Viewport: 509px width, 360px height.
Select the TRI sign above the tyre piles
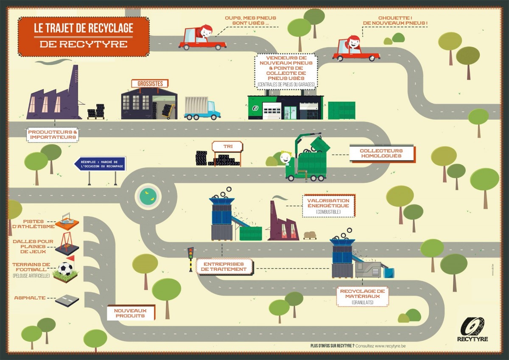click(x=227, y=147)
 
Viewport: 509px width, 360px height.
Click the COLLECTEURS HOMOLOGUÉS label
click(x=381, y=154)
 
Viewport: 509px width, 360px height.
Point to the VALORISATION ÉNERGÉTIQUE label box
click(x=328, y=205)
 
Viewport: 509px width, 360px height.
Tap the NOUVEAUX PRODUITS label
click(x=130, y=313)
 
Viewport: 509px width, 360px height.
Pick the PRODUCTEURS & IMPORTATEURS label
click(x=53, y=135)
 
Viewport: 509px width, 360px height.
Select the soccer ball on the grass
click(x=65, y=269)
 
